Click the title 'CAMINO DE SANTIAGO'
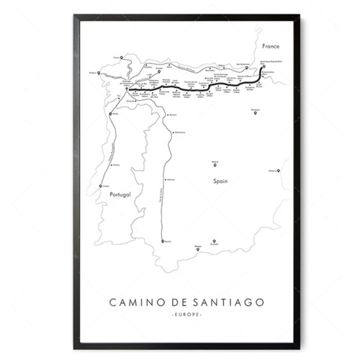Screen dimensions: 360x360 180,304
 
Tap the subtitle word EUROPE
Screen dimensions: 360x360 180,317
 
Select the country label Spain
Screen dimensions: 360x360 220,181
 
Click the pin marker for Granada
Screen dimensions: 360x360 213,241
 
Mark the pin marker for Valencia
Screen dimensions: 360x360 279,169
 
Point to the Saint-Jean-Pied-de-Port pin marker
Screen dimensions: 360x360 264,67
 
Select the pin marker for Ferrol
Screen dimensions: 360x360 122,57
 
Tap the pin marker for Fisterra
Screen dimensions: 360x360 98,72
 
